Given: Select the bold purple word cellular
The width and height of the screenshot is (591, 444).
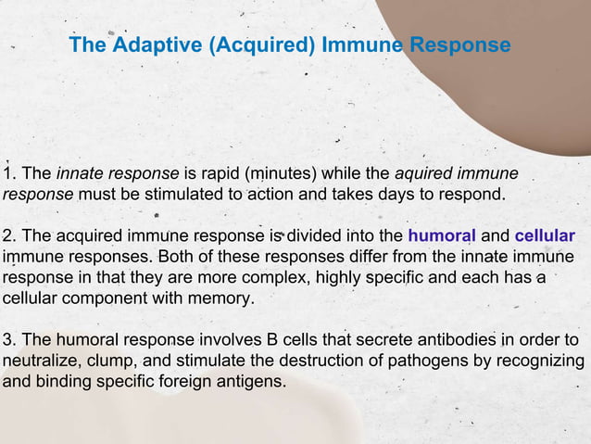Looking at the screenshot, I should tap(545, 235).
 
